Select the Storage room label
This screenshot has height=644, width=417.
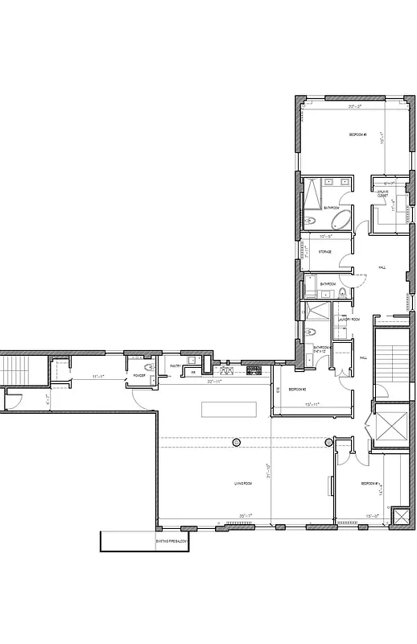pos(324,252)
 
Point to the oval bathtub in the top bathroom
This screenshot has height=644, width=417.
pos(336,219)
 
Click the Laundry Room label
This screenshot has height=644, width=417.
pos(349,319)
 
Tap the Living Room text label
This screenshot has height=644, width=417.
pos(244,483)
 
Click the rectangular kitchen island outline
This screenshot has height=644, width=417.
pos(229,409)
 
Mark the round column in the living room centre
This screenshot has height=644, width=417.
pos(236,442)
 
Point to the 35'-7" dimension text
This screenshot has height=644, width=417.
pos(246,516)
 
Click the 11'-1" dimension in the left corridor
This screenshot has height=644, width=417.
pos(98,376)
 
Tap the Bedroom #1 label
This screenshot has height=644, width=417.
pos(370,483)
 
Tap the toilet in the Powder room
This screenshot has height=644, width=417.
pos(148,367)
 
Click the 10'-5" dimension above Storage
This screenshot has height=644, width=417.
pos(325,237)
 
